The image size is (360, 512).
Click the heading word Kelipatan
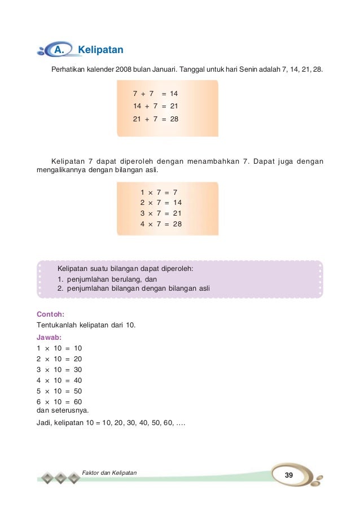tap(100, 50)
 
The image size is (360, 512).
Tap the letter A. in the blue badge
tap(59, 50)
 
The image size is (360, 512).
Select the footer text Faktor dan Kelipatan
tap(109, 471)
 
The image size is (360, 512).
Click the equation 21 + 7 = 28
tap(155, 119)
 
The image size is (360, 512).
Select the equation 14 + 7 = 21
tap(155, 106)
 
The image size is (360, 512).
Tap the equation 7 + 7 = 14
tap(155, 93)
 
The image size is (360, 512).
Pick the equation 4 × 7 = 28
tap(161, 224)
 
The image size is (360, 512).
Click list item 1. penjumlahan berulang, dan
tap(107, 279)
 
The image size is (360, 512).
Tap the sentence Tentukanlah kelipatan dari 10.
tap(86, 325)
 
